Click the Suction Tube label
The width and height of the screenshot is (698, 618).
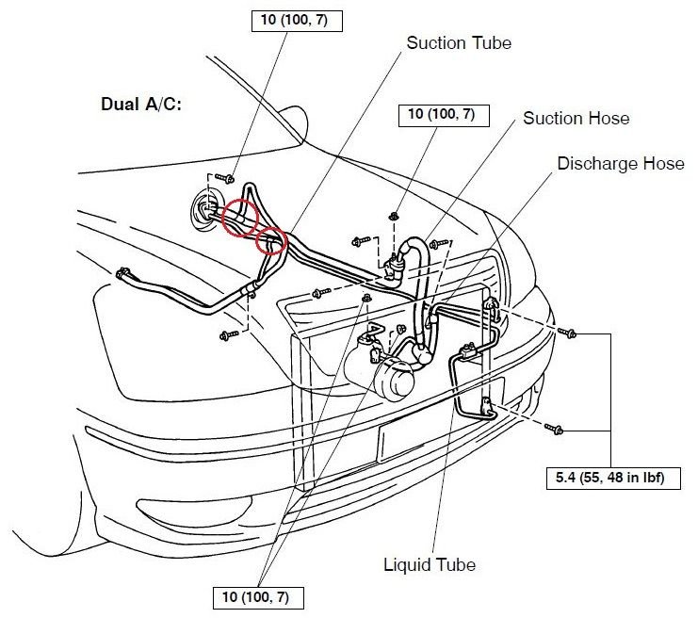(x=459, y=43)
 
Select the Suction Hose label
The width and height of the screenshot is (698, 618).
(x=576, y=119)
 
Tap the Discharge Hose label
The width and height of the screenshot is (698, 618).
(x=621, y=163)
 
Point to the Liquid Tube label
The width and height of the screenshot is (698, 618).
(x=430, y=564)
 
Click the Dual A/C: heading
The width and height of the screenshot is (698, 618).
(x=141, y=105)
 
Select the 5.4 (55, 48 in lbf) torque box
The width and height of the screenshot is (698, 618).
(x=613, y=479)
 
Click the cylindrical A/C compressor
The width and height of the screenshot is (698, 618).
(x=380, y=367)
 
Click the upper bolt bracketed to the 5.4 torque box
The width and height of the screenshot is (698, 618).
(x=567, y=333)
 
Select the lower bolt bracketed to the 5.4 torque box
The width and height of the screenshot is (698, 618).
(x=554, y=430)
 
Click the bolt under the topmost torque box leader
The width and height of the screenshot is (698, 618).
(x=225, y=178)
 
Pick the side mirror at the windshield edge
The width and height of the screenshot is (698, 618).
(x=295, y=122)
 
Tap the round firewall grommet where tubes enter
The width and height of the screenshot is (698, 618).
(x=205, y=209)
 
